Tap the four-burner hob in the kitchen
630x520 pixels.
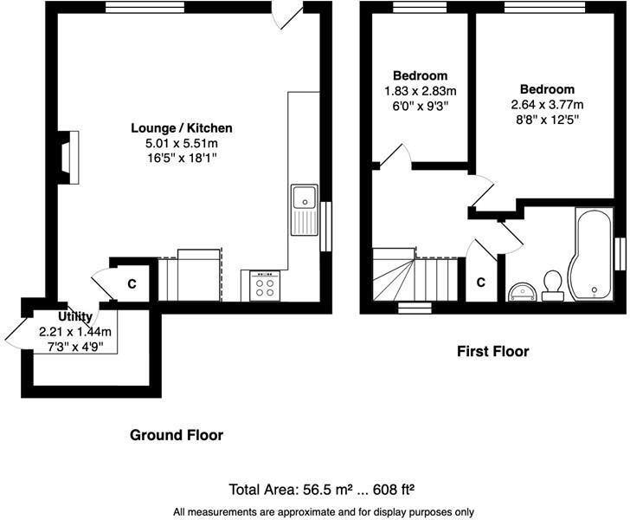(264, 286)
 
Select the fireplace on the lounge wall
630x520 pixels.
(68, 159)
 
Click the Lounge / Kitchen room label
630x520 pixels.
(176, 128)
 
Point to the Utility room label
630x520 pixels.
(75, 317)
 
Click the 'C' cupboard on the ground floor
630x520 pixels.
(132, 283)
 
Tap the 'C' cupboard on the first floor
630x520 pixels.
(481, 283)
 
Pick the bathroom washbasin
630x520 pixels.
(522, 289)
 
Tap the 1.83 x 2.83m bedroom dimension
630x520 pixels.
(421, 90)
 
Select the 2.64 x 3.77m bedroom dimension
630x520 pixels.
(547, 104)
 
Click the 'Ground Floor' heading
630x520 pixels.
(177, 435)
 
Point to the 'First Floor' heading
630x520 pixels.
(492, 351)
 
